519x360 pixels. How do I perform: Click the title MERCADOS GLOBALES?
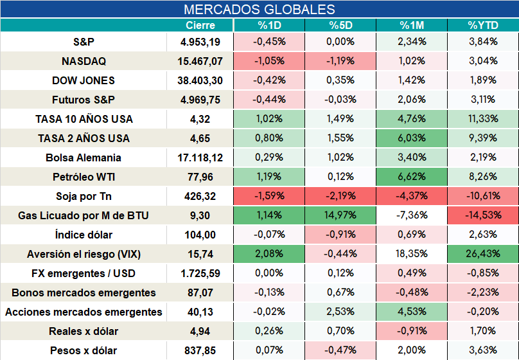coord(259,9)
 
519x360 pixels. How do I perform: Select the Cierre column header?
coord(200,25)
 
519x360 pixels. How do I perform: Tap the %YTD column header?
coord(483,25)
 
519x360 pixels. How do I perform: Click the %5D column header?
coord(340,25)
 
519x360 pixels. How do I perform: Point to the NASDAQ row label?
coord(84,61)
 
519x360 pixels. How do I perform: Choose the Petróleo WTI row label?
coord(84,177)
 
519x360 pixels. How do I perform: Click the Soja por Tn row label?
coord(84,196)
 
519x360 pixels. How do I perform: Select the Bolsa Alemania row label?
coord(84,157)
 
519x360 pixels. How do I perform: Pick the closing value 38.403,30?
coord(200,80)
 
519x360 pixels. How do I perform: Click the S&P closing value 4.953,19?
coord(200,42)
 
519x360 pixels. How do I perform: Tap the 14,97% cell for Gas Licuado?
coord(340,215)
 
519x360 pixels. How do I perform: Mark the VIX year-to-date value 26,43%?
coord(483,254)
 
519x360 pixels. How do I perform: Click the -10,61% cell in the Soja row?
coord(483,196)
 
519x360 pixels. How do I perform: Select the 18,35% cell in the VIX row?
coord(412,254)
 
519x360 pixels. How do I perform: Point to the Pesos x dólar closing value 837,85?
coord(200,350)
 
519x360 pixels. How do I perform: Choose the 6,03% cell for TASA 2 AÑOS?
coord(412,138)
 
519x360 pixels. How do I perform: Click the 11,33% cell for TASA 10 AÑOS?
coord(483,119)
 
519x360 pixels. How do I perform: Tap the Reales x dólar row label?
coord(84,331)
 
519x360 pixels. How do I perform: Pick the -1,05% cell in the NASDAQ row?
coord(269,61)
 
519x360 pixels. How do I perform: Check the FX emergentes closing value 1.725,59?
coord(200,273)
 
